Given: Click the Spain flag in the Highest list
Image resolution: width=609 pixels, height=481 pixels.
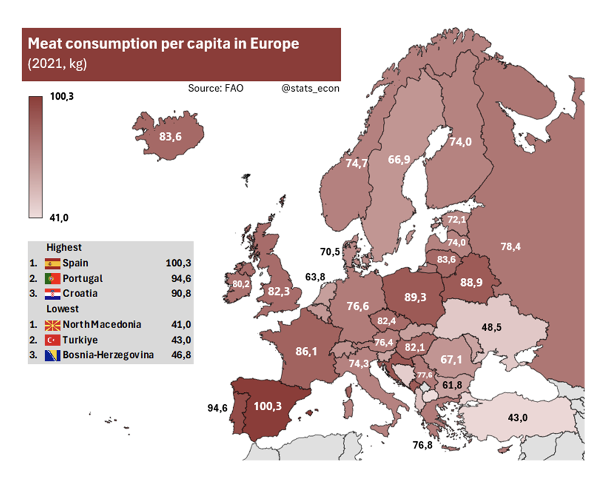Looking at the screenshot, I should (52, 263).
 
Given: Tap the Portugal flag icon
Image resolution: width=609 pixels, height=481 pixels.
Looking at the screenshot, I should (52, 279).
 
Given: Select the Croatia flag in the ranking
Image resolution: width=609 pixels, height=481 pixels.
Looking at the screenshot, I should (52, 294).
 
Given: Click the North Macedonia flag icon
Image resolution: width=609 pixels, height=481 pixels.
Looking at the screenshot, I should (52, 325).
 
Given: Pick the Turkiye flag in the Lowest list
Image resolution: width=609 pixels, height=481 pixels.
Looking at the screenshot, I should (52, 340).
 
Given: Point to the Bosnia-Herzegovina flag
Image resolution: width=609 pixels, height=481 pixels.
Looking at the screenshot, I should (52, 355).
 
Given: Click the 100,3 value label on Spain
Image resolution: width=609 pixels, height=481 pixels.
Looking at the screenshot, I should (268, 406).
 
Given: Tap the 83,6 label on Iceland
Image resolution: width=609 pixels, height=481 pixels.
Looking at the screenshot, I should (170, 137).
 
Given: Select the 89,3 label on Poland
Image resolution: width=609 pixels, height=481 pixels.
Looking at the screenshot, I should (415, 297).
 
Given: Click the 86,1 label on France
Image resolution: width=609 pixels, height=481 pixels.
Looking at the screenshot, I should (306, 351).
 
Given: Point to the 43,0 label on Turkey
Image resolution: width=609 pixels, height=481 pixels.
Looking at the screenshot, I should (518, 418).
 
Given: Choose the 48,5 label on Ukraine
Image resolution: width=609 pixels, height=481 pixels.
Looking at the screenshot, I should (491, 327).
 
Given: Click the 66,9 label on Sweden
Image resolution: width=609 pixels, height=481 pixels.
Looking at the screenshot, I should (399, 160).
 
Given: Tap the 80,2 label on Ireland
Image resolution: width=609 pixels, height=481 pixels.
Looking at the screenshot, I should (241, 284).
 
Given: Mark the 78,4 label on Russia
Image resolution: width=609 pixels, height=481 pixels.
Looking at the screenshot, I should (510, 247).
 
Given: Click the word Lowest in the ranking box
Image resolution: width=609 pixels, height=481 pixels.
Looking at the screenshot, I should (62, 309).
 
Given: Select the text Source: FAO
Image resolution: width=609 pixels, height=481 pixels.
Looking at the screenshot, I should (215, 88).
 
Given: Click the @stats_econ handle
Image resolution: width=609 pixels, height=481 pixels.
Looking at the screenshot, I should (310, 88).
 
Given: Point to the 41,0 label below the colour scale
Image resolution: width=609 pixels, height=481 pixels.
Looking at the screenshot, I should (59, 217).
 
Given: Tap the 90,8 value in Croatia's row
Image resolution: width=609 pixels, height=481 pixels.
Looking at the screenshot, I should (181, 293).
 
